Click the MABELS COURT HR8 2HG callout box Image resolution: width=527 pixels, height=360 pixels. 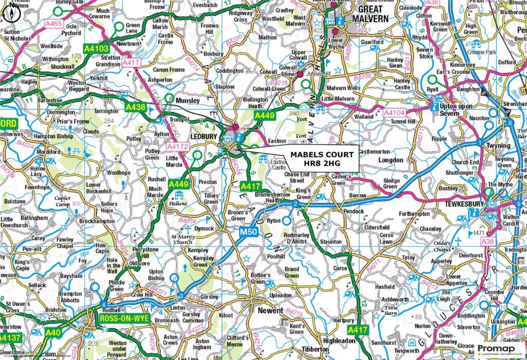[x=322, y=159]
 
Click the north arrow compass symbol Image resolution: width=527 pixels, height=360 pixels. [x=11, y=15]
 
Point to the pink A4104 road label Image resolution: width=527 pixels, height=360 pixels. [x=396, y=112]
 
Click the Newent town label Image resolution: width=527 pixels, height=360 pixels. [x=270, y=311]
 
